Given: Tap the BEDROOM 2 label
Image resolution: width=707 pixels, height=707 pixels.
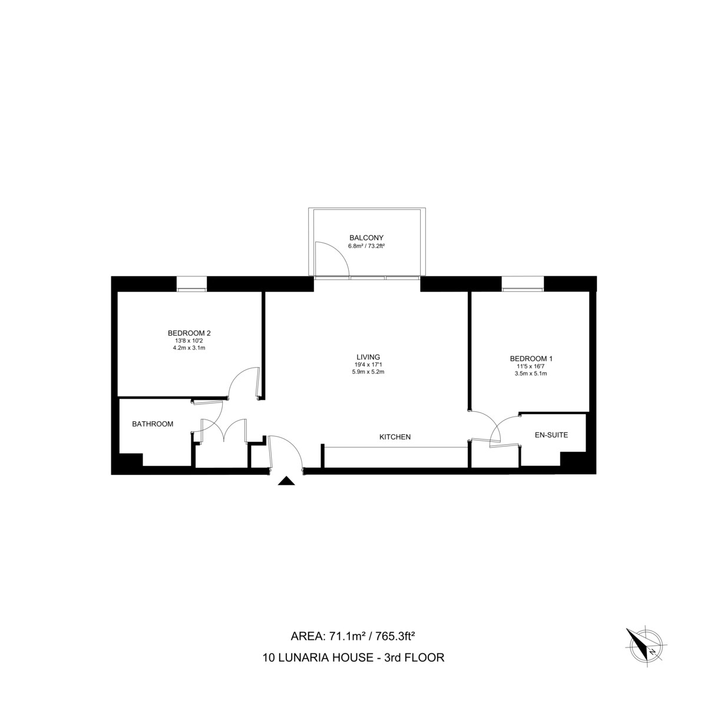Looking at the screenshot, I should point(189,333).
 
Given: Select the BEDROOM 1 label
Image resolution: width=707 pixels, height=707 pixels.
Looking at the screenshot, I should point(531,358).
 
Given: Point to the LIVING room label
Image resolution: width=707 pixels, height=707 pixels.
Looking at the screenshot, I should point(368,356).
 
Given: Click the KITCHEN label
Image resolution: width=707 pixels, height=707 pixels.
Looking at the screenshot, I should point(395,437).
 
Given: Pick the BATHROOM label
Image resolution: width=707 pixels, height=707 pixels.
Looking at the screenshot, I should point(153,424).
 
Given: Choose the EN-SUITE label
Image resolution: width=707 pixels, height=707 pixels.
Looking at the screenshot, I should point(551,435).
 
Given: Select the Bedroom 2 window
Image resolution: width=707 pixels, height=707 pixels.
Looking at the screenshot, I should point(192,285).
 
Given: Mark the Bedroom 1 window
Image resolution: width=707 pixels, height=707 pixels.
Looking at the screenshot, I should point(523,285).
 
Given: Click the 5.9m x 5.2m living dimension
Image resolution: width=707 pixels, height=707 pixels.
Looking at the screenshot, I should point(368,372).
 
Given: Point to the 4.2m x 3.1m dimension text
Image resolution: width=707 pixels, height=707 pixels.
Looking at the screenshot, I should point(189,348).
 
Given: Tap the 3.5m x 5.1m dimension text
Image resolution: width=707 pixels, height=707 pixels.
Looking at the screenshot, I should point(531,374).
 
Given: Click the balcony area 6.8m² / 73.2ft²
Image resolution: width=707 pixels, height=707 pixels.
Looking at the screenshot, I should point(366,246).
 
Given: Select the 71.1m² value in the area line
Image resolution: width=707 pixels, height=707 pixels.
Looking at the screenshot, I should point(344,636).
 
